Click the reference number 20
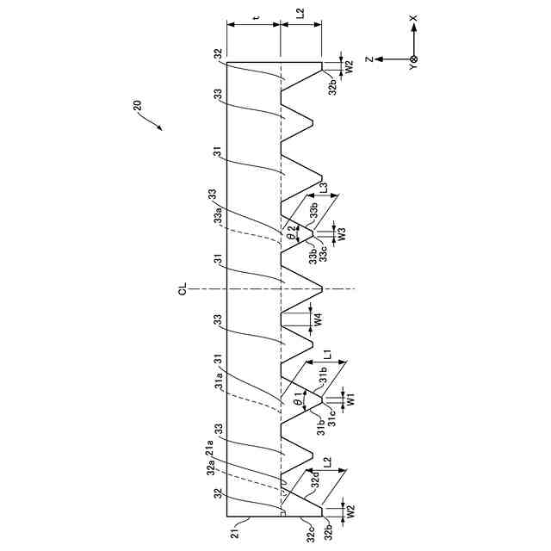(x=139, y=107)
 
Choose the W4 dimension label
(x=319, y=319)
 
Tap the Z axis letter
(x=368, y=59)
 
